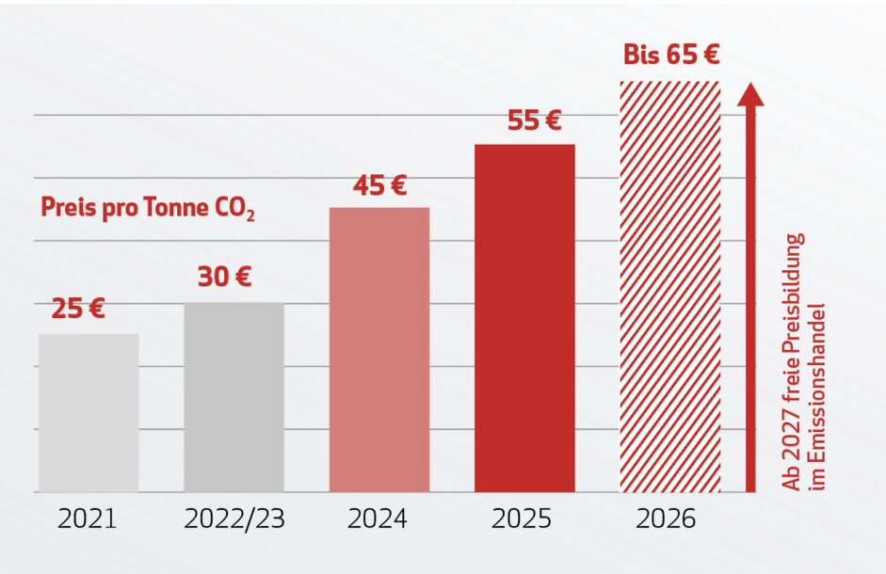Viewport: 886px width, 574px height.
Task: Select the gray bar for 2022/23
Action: pyautogui.click(x=234, y=396)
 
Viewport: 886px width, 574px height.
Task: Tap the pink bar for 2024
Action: pyautogui.click(x=379, y=349)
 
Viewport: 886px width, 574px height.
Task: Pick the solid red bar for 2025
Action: pyautogui.click(x=524, y=317)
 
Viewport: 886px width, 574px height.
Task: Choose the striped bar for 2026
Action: pyautogui.click(x=669, y=286)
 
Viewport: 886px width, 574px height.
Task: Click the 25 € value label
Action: pyautogui.click(x=77, y=310)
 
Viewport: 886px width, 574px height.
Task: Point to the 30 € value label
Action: pyautogui.click(x=224, y=278)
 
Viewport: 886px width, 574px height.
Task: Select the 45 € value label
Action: pyautogui.click(x=379, y=185)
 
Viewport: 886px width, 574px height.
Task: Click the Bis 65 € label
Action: pyautogui.click(x=671, y=55)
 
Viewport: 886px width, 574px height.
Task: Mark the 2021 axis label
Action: pyautogui.click(x=87, y=519)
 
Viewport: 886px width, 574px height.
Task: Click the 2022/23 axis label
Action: pyautogui.click(x=234, y=519)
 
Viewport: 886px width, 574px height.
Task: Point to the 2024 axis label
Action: pyautogui.click(x=379, y=519)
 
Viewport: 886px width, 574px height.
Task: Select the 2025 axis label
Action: pyautogui.click(x=524, y=519)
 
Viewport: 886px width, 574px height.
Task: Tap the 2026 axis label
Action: pyautogui.click(x=669, y=519)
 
